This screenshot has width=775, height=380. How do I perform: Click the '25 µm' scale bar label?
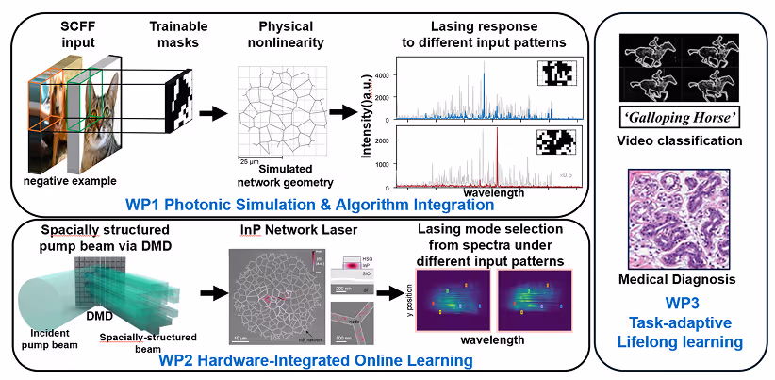249,159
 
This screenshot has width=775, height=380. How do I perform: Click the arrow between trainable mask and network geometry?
213,113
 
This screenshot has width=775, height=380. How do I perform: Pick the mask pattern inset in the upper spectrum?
553,74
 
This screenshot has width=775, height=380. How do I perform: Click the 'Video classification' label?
678,140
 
